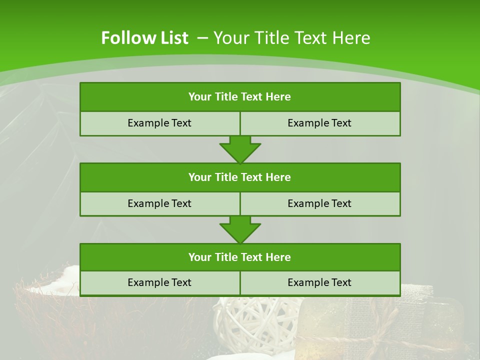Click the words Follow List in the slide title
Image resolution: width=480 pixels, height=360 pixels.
click(144, 38)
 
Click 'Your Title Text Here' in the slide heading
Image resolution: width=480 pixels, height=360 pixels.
click(291, 38)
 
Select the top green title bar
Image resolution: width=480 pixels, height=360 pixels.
click(240, 97)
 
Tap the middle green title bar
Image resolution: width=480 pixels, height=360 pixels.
click(240, 177)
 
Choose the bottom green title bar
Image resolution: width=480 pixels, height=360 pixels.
click(240, 257)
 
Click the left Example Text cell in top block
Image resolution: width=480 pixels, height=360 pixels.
click(159, 123)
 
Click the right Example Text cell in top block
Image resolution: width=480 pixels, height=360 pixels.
click(319, 123)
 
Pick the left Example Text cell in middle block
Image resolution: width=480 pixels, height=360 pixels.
click(159, 203)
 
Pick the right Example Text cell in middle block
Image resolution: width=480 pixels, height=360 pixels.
click(319, 203)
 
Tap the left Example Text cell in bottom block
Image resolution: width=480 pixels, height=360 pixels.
click(159, 282)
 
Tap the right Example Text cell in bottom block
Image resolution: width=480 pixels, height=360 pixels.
click(319, 282)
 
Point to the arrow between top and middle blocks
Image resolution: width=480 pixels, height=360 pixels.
click(240, 149)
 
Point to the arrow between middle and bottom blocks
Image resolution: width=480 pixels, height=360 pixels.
click(240, 229)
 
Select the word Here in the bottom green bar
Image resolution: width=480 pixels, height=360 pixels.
click(278, 257)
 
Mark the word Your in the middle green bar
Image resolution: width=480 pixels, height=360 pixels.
click(199, 177)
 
